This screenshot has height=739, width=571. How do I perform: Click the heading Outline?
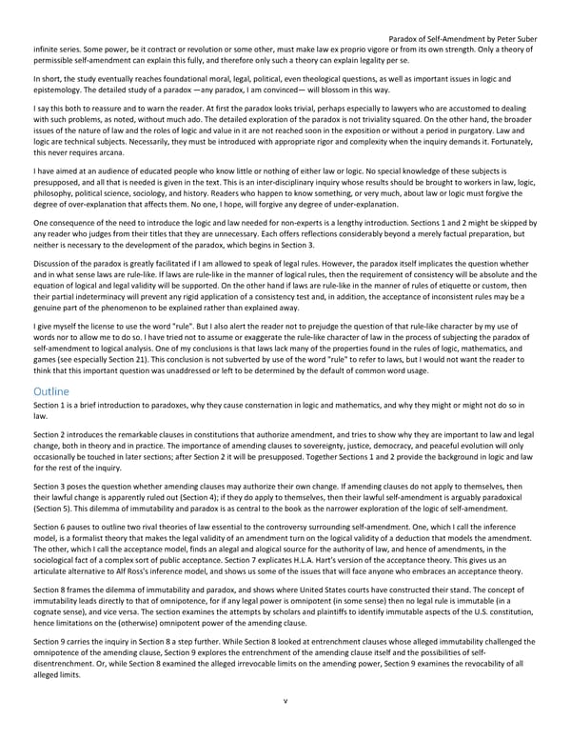click(50, 417)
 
